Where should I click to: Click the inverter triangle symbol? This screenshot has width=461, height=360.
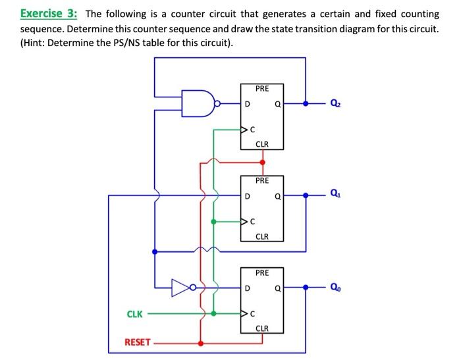click(181, 287)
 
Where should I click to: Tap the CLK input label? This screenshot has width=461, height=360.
click(134, 314)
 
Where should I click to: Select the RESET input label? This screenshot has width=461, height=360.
click(137, 342)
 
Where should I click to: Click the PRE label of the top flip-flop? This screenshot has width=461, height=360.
click(261, 88)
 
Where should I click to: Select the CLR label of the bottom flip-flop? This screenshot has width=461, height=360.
click(261, 328)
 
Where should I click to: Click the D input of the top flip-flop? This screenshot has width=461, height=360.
click(247, 103)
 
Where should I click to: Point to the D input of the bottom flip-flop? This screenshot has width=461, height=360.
click(247, 288)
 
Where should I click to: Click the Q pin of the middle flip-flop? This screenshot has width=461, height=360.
click(277, 195)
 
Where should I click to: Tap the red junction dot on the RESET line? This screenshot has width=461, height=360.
click(200, 342)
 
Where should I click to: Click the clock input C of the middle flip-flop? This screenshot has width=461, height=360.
click(251, 222)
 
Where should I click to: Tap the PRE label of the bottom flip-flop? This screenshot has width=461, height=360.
click(261, 272)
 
